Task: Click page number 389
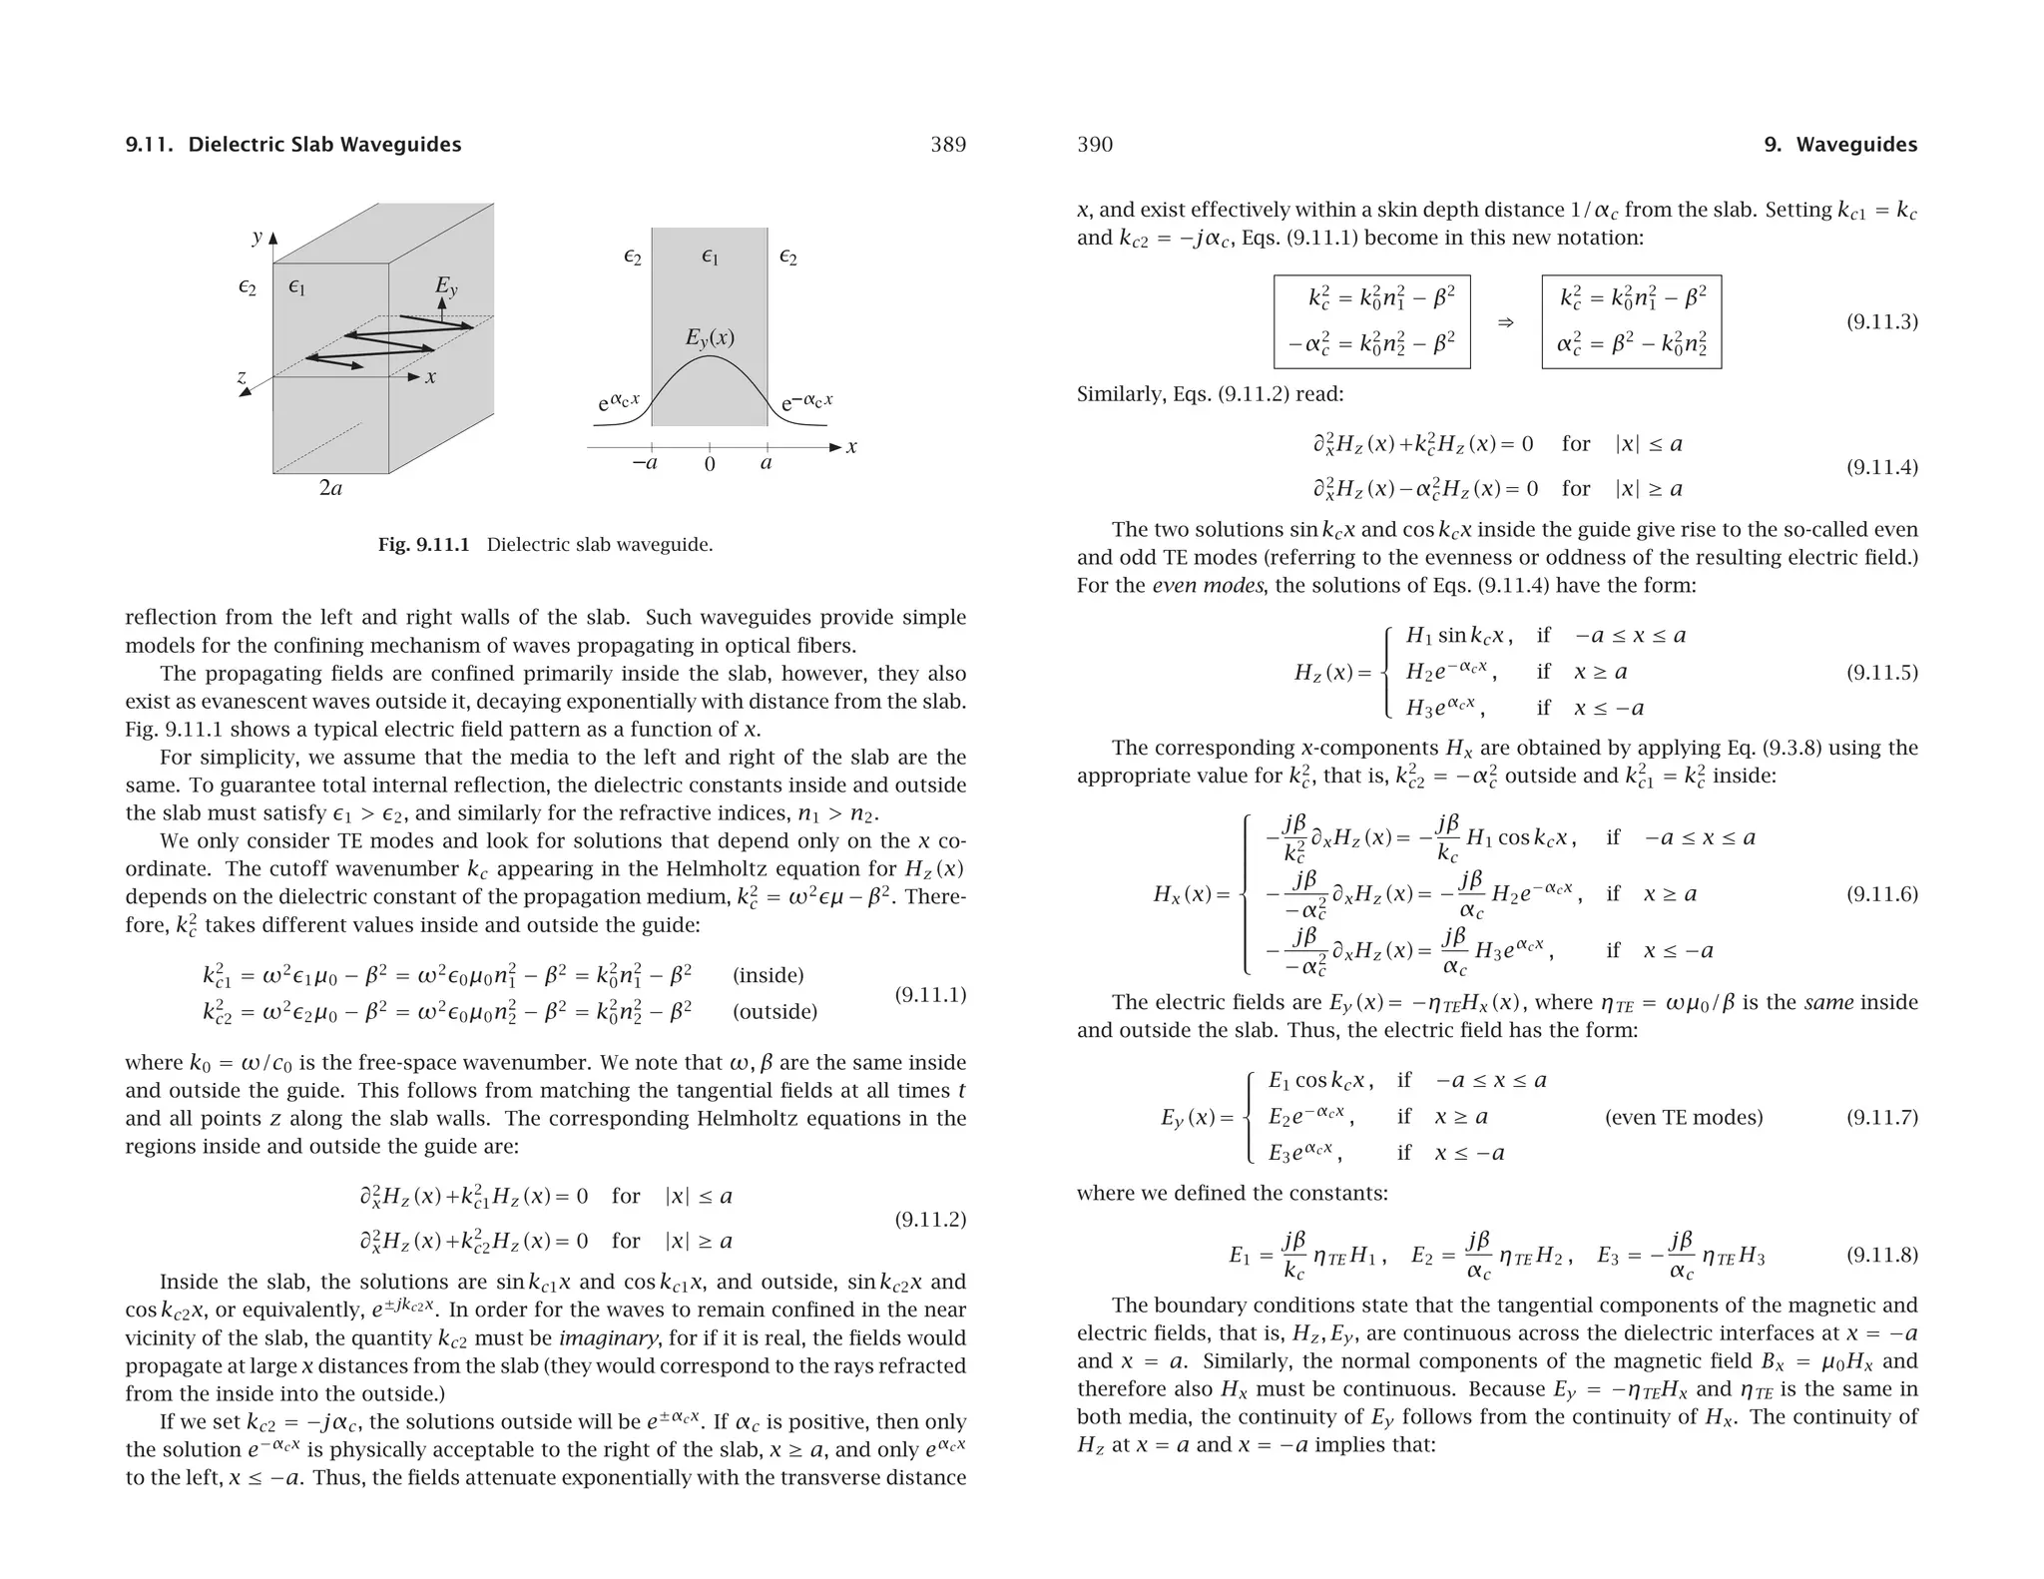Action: click(x=947, y=145)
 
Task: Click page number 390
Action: click(x=1095, y=145)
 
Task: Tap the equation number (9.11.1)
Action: click(x=930, y=994)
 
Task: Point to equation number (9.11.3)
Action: click(x=1881, y=321)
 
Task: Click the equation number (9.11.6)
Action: click(x=1881, y=894)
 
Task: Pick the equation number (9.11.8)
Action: click(x=1881, y=1256)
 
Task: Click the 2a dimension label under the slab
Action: click(x=330, y=488)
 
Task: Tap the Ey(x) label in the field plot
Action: click(x=710, y=337)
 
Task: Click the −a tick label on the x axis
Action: click(x=645, y=463)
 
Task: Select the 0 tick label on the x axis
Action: click(x=710, y=464)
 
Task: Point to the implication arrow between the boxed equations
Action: click(x=1506, y=322)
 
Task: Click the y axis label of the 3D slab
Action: click(x=256, y=237)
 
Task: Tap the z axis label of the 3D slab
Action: click(x=242, y=377)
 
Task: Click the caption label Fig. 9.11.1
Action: click(x=423, y=545)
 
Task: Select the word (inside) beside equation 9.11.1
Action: click(x=767, y=975)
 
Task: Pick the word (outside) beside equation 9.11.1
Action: click(x=774, y=1012)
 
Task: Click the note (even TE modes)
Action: click(x=1684, y=1117)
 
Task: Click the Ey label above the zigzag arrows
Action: click(x=445, y=286)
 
